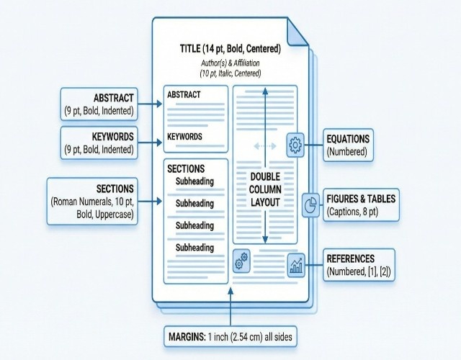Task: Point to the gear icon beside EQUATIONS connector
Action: [x=295, y=145]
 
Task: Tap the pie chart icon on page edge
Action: [x=310, y=204]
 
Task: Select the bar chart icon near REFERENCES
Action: [x=295, y=266]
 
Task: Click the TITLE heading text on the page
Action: [x=230, y=50]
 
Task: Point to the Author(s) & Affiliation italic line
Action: [x=230, y=63]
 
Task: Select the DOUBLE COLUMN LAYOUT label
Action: [x=264, y=189]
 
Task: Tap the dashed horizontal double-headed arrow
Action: [x=264, y=146]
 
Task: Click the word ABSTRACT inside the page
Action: [x=184, y=94]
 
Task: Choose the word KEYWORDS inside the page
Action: [x=184, y=136]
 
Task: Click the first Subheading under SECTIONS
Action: [x=194, y=181]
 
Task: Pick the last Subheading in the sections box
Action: [x=194, y=248]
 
